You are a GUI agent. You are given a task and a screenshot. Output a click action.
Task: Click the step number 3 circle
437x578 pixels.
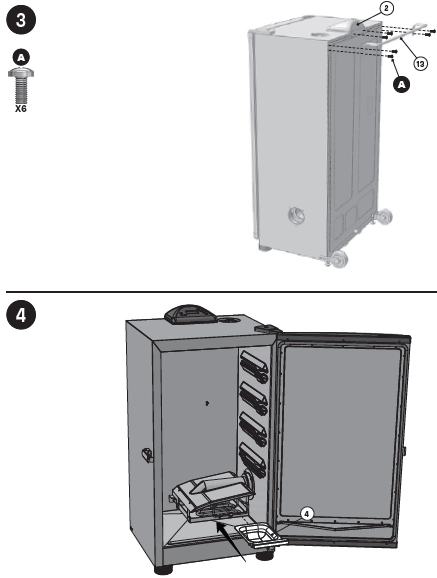point(19,17)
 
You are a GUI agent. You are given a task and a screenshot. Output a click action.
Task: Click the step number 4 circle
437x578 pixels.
point(19,313)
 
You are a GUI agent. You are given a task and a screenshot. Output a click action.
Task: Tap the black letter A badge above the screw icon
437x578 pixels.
point(19,57)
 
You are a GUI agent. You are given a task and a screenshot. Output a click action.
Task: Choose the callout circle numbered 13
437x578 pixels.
point(421,62)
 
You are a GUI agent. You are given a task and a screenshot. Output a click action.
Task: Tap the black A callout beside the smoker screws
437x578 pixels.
point(402,86)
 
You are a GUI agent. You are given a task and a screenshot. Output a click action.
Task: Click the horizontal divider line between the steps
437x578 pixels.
point(218,291)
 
